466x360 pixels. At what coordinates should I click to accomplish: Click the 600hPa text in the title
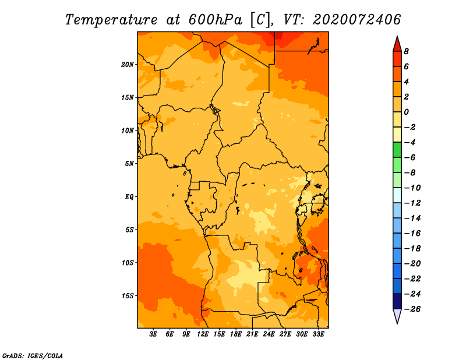pyautogui.click(x=216, y=20)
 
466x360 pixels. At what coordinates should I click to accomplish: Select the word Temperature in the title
pyautogui.click(x=111, y=20)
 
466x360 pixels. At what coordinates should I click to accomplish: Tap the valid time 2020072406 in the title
pyautogui.click(x=357, y=20)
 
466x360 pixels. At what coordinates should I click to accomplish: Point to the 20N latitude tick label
pyautogui.click(x=128, y=65)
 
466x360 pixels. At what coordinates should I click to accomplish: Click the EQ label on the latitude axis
pyautogui.click(x=129, y=197)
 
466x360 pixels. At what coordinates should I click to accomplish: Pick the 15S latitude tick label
pyautogui.click(x=128, y=296)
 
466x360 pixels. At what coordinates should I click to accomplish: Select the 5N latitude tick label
pyautogui.click(x=129, y=164)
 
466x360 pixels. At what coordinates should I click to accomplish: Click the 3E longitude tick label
pyautogui.click(x=153, y=334)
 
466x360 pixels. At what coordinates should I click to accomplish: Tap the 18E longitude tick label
pyautogui.click(x=236, y=334)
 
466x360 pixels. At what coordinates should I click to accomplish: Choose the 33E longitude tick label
pyautogui.click(x=318, y=334)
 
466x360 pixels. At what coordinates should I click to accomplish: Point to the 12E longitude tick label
pyautogui.click(x=203, y=334)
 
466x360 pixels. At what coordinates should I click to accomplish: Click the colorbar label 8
pyautogui.click(x=406, y=51)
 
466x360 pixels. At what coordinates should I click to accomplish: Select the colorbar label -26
pyautogui.click(x=412, y=309)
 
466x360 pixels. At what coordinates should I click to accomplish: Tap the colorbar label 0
pyautogui.click(x=406, y=112)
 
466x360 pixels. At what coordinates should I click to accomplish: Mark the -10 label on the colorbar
pyautogui.click(x=412, y=188)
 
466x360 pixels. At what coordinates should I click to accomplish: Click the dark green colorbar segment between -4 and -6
pyautogui.click(x=397, y=150)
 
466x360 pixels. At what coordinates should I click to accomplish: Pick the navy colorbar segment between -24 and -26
pyautogui.click(x=397, y=301)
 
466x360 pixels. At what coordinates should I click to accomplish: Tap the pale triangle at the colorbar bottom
pyautogui.click(x=397, y=315)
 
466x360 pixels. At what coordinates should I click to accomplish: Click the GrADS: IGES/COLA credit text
pyautogui.click(x=33, y=356)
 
